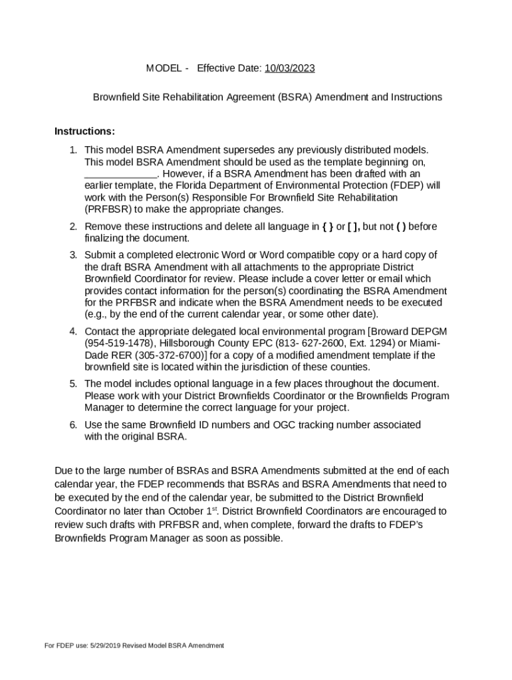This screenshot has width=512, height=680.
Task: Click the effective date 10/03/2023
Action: (x=289, y=68)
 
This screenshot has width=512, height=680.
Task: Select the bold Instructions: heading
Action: (x=84, y=131)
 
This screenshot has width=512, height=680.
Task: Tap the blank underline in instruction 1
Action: (x=120, y=174)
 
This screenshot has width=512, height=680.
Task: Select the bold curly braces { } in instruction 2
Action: (x=327, y=226)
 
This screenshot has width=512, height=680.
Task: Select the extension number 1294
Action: (x=378, y=343)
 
